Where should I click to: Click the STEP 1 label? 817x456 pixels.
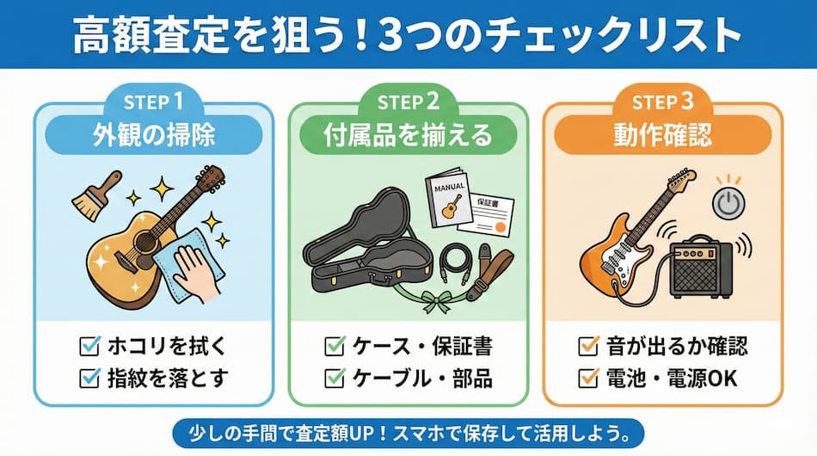click(x=153, y=102)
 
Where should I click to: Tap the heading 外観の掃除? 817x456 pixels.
click(x=154, y=135)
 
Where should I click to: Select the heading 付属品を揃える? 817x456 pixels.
click(x=408, y=135)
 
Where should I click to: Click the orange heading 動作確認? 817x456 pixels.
click(x=662, y=135)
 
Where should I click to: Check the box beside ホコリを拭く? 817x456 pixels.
click(x=89, y=346)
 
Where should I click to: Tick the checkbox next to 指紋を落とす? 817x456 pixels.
click(x=89, y=378)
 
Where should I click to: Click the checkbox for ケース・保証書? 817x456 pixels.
click(x=335, y=346)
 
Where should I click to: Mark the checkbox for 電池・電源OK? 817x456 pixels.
click(x=589, y=378)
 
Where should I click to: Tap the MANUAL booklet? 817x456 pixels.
click(x=446, y=197)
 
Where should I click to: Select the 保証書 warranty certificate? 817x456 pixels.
click(x=486, y=215)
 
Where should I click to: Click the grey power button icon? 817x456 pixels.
click(x=728, y=203)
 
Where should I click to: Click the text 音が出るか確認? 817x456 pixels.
click(x=677, y=346)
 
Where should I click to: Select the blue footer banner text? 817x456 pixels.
click(x=408, y=434)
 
